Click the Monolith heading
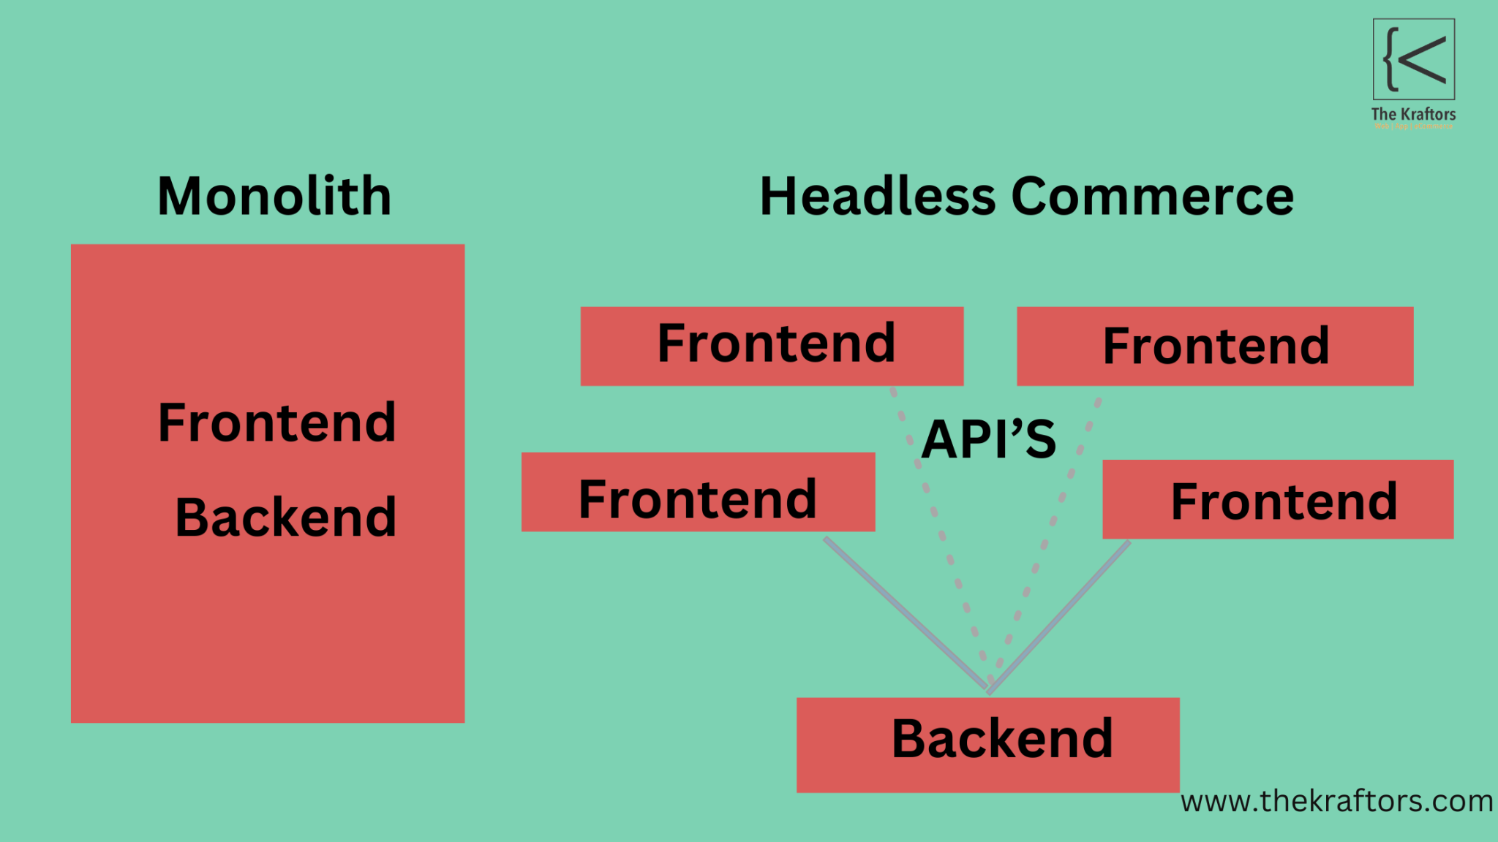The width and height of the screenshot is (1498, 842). coord(274,197)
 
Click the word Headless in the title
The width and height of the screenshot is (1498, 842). coord(877,197)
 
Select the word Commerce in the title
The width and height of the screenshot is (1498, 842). coord(1152,197)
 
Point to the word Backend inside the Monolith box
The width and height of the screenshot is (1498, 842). coord(285,517)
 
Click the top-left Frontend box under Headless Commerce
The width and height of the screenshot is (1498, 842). coord(772,346)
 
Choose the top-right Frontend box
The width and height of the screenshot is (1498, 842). coord(1215,346)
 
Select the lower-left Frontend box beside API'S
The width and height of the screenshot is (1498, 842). coord(698,492)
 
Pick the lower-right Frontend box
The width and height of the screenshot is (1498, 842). coord(1278,499)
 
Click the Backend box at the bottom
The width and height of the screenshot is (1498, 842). coord(987,744)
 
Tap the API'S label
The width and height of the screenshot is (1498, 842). coord(988,439)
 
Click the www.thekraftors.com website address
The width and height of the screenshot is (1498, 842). coord(1336,801)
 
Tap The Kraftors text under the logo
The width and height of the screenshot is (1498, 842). coord(1413,114)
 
